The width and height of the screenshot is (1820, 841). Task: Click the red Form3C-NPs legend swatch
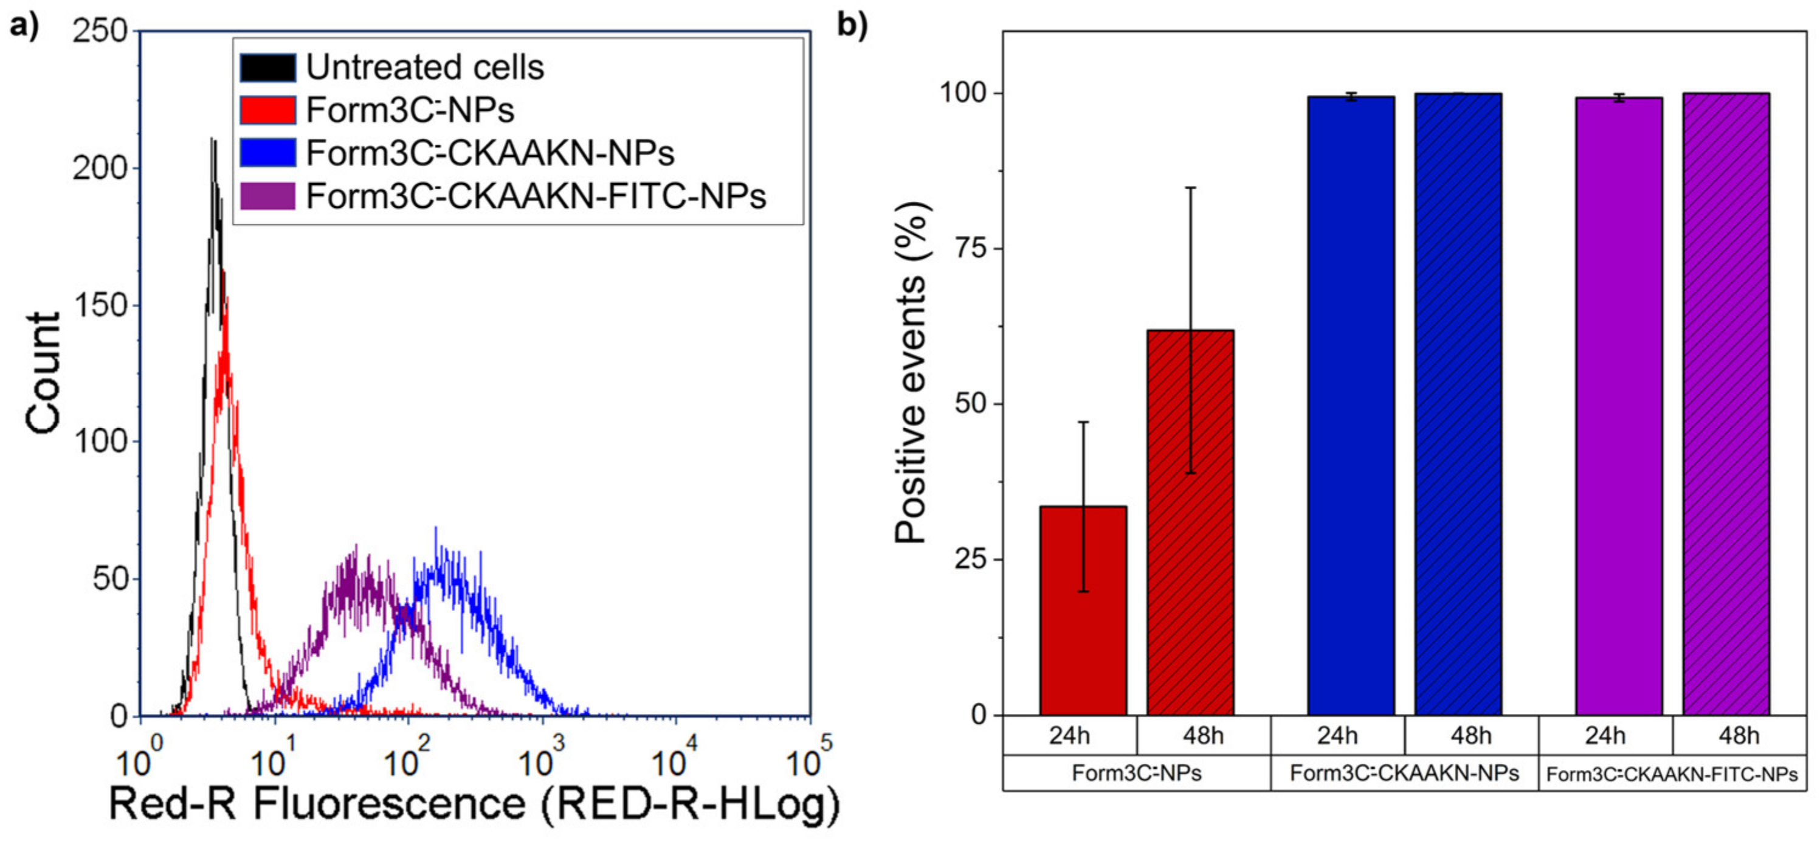pos(267,110)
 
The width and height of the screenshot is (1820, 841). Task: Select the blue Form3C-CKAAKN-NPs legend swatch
pos(267,153)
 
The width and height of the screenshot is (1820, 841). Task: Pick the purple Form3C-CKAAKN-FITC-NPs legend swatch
pos(267,196)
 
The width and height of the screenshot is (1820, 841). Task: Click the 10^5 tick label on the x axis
pos(808,761)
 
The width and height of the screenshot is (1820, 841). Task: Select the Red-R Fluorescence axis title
pos(474,805)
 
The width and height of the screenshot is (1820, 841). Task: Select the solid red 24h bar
pos(1083,611)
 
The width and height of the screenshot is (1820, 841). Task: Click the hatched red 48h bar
pos(1190,523)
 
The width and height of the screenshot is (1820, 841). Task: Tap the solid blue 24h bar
pos(1351,406)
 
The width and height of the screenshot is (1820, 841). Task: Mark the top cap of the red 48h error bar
pos(1190,187)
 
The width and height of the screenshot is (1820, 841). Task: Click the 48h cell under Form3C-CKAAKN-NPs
pos(1471,736)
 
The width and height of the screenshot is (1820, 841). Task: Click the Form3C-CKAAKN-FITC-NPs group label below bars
pos(1672,775)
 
